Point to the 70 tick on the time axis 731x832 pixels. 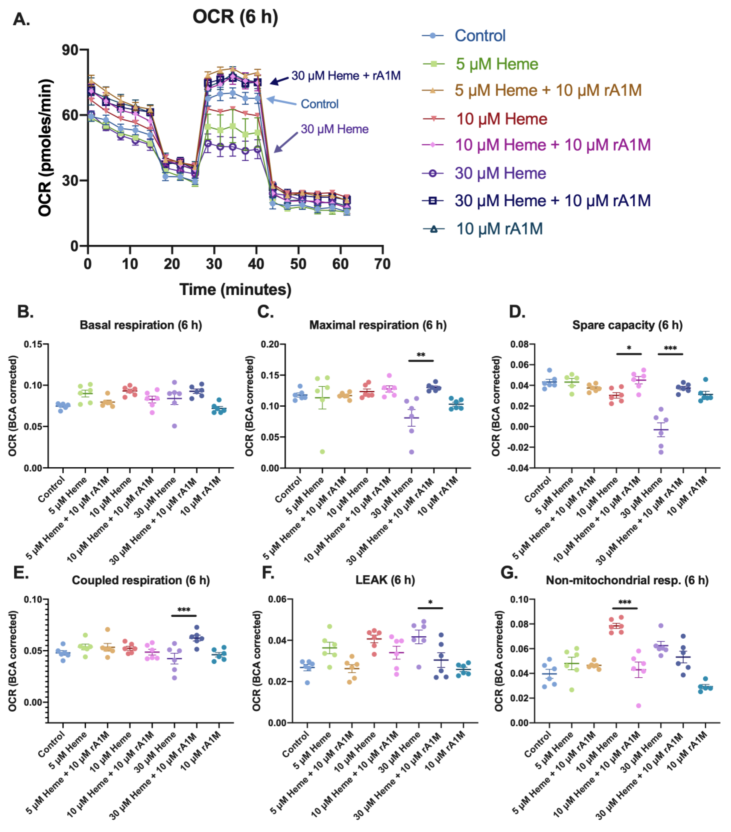(x=382, y=264)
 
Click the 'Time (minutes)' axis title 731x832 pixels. (x=235, y=289)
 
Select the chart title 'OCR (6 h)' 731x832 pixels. (x=235, y=17)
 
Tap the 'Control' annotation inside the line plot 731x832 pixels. (x=320, y=104)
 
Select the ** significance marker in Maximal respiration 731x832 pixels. (x=421, y=355)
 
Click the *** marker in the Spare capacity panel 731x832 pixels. (x=670, y=348)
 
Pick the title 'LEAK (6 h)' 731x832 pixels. (x=385, y=580)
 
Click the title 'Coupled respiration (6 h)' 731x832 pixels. (x=141, y=580)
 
